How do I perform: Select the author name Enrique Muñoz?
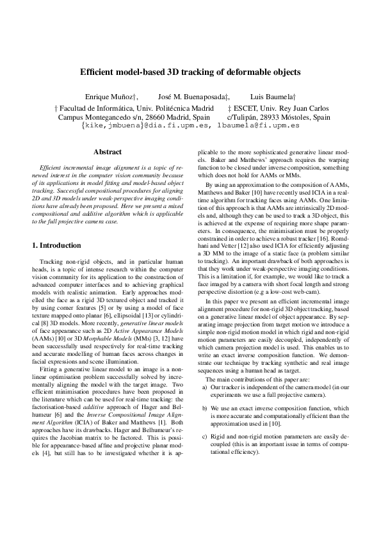point(110,96)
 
